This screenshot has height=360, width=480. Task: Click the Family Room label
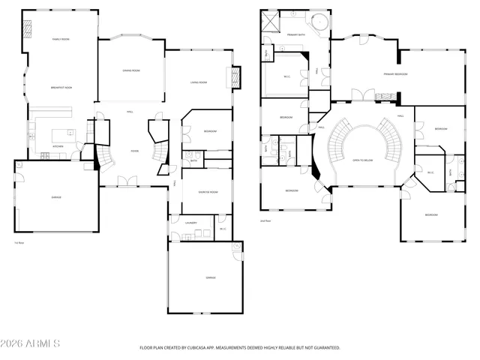[60, 39]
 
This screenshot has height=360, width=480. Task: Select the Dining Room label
[132, 70]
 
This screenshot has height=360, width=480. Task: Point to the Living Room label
[198, 82]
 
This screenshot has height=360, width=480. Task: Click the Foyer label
[134, 151]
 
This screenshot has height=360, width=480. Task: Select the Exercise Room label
[208, 192]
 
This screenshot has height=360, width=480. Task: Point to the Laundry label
[191, 223]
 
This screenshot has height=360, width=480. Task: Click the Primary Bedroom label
[396, 74]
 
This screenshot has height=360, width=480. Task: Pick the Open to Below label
[364, 160]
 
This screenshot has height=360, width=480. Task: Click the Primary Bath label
[295, 34]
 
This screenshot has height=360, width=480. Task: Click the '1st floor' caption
[19, 243]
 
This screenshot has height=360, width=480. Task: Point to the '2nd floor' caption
[264, 220]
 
